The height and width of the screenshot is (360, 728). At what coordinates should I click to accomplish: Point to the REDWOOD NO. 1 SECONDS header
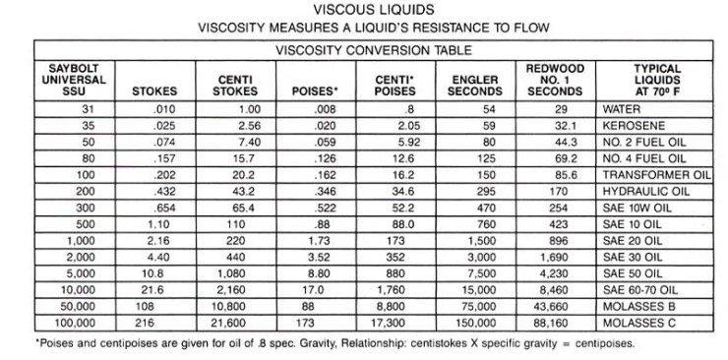point(549,79)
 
